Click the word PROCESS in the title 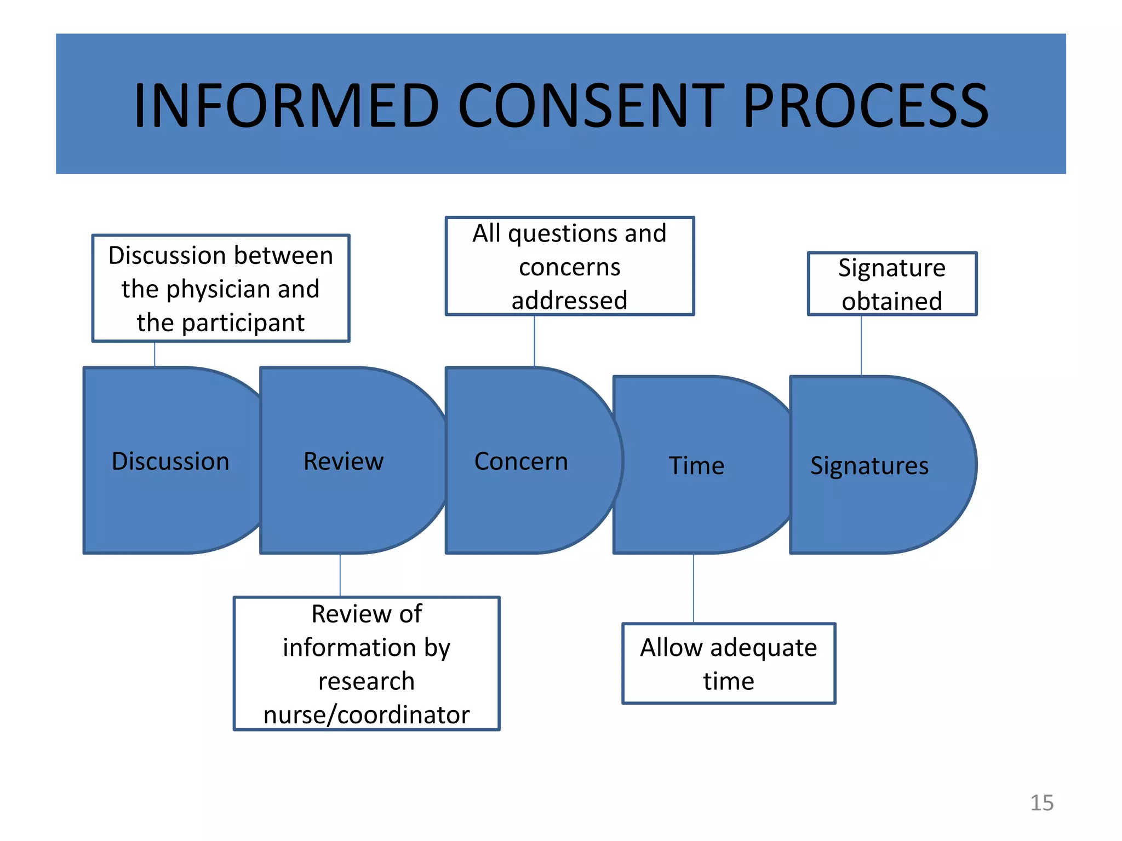(x=866, y=105)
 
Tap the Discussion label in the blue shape (x=170, y=461)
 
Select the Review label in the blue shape (x=344, y=461)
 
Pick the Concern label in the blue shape (x=521, y=461)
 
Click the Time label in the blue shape (x=696, y=466)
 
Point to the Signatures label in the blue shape (x=869, y=466)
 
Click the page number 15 (x=1041, y=803)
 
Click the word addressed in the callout (x=569, y=301)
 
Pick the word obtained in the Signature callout (x=892, y=301)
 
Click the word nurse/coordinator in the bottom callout (x=367, y=715)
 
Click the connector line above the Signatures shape (x=861, y=345)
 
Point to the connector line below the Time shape (x=694, y=589)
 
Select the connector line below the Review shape (x=340, y=575)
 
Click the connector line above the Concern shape (x=534, y=341)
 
